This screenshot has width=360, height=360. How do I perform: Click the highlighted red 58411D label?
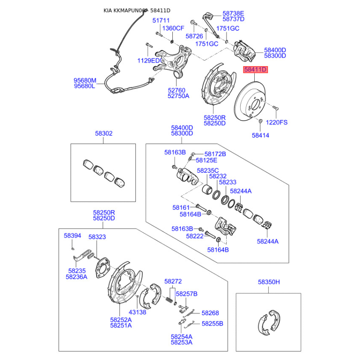coord(255,69)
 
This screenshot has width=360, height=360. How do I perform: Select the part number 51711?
coord(161,20)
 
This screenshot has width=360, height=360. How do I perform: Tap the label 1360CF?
coord(173,28)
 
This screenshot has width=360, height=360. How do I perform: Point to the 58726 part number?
coord(194,36)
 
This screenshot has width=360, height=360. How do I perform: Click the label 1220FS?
coord(277,122)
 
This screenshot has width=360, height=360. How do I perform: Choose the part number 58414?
coord(261,135)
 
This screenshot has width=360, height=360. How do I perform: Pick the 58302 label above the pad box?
coord(104,133)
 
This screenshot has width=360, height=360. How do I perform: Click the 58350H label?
coord(269,282)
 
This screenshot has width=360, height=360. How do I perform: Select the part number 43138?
coord(137,312)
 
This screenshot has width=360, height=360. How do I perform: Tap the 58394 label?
coord(72,235)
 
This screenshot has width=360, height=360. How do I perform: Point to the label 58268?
coord(210,313)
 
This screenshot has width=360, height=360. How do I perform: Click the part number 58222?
coord(195,236)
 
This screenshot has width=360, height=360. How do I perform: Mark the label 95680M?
coord(85,81)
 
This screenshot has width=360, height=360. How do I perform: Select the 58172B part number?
coord(215,154)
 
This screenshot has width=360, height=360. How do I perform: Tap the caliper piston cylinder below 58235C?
coord(207,189)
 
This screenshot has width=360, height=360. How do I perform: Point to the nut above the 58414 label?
coord(261,121)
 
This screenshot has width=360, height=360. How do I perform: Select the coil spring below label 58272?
coord(169,300)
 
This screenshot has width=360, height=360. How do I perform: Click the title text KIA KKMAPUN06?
coord(125,10)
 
